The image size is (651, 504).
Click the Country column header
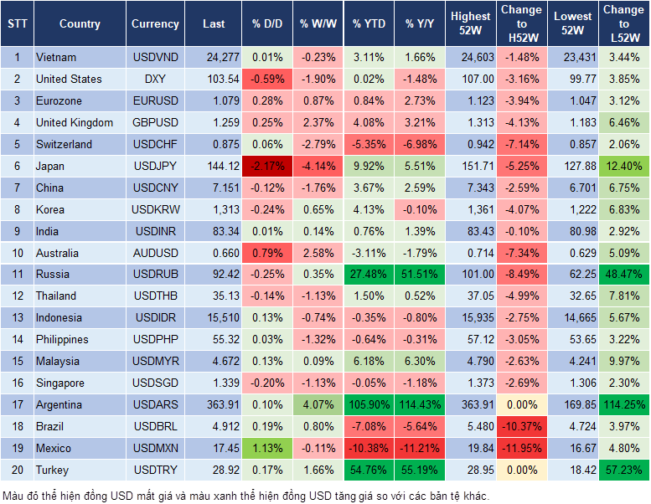(x=80, y=24)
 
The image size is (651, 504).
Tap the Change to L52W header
(x=623, y=23)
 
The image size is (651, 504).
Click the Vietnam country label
(x=56, y=57)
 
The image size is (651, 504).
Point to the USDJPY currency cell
(x=155, y=166)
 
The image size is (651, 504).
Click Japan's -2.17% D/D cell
(x=267, y=166)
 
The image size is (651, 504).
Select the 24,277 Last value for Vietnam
(x=214, y=57)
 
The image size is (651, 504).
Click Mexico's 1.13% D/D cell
(x=267, y=448)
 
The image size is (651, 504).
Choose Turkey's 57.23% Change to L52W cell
(x=623, y=470)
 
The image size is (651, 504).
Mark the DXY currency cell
(x=155, y=79)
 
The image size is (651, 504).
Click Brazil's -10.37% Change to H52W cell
(x=520, y=426)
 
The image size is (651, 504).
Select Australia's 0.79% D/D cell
(x=267, y=253)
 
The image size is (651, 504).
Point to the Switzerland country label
(x=65, y=144)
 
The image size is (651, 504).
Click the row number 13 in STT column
(x=16, y=317)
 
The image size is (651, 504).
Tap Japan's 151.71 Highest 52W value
(x=470, y=166)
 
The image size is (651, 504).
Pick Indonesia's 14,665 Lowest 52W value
(x=573, y=317)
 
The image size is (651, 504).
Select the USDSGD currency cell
(x=155, y=383)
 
